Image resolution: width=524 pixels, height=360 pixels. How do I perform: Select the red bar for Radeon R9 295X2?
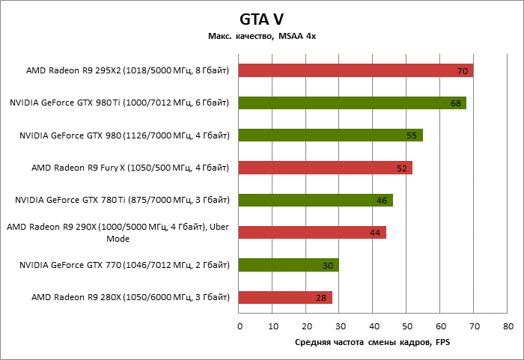(356, 71)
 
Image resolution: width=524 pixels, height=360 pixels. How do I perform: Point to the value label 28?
(321, 298)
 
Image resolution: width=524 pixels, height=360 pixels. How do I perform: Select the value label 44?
(375, 234)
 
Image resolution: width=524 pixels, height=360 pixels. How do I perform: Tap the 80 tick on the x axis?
(508, 326)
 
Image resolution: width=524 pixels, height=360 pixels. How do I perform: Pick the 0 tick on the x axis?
(240, 326)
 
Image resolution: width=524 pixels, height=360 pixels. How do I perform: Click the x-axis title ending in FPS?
(371, 342)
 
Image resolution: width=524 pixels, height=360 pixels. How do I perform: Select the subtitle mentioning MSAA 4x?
(261, 36)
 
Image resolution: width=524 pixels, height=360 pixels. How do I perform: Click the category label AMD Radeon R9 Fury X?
(130, 168)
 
